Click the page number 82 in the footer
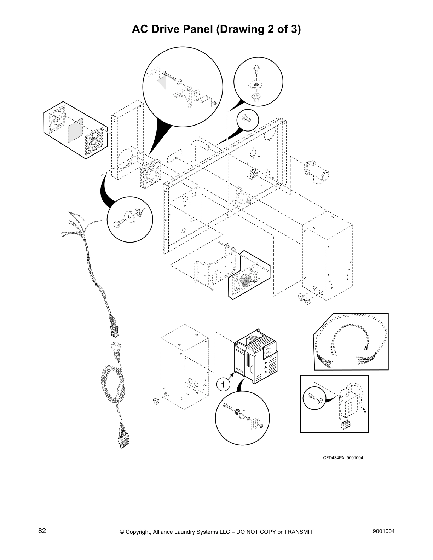tap(42, 531)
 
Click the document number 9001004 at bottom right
tap(384, 531)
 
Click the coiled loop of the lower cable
tap(111, 384)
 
